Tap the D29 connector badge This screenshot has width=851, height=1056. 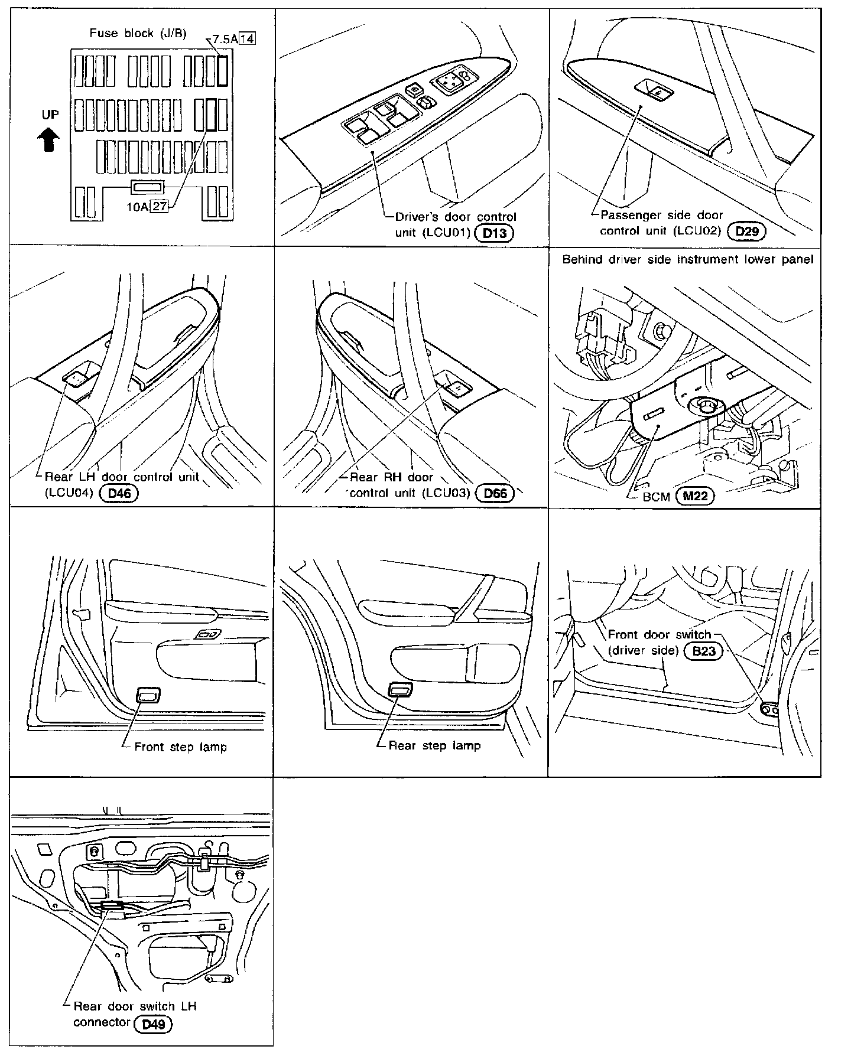(x=747, y=232)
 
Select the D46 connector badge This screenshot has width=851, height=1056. (x=119, y=493)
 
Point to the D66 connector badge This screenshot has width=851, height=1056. (x=495, y=493)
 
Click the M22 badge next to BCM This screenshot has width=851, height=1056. (x=694, y=496)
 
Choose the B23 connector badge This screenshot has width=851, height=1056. (x=703, y=652)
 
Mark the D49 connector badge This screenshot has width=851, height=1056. (x=153, y=1023)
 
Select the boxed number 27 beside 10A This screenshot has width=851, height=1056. (x=159, y=206)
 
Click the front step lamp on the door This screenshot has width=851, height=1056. (x=148, y=695)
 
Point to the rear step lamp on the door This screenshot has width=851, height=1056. (x=401, y=689)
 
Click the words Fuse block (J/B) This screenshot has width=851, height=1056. (x=138, y=33)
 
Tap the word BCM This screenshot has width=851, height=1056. (x=655, y=497)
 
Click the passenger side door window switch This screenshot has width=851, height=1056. (x=654, y=89)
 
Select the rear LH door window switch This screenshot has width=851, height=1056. (x=76, y=377)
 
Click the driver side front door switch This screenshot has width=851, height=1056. (x=769, y=709)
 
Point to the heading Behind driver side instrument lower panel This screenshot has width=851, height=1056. (x=688, y=259)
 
